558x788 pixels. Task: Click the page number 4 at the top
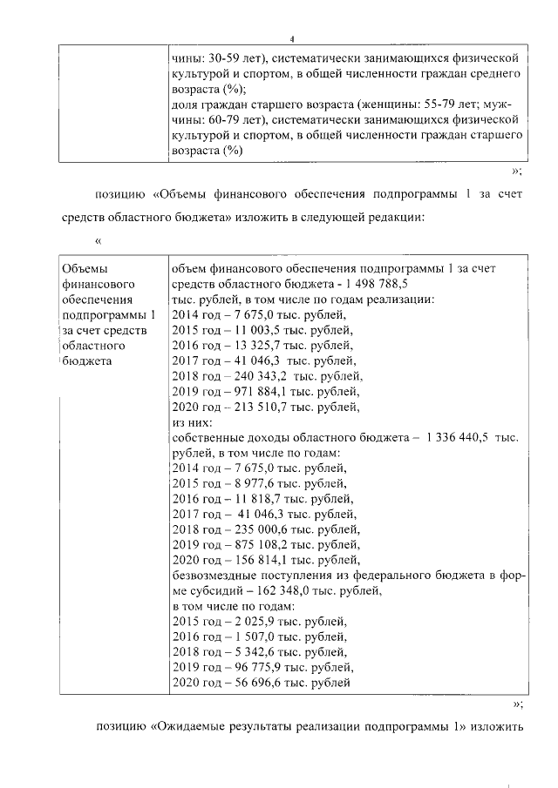(292, 38)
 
